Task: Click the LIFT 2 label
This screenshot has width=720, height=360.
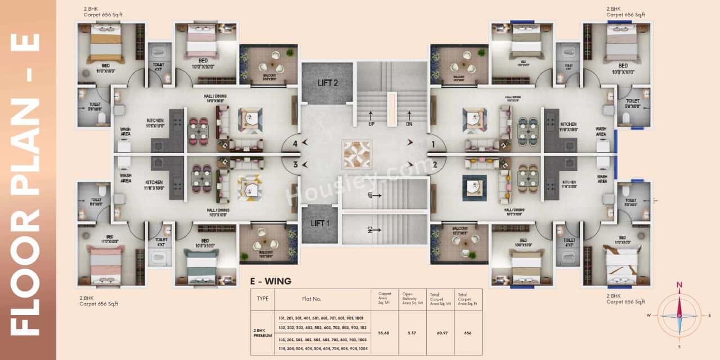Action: click(x=327, y=83)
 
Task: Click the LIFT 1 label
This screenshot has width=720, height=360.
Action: click(x=320, y=223)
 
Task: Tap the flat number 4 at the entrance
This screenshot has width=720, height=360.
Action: click(x=295, y=143)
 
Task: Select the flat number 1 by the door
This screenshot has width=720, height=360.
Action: click(x=433, y=144)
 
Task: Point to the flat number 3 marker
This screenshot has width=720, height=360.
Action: click(x=295, y=164)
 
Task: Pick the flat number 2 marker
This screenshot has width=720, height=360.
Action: click(x=435, y=164)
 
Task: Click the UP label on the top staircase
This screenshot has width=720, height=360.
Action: click(x=371, y=123)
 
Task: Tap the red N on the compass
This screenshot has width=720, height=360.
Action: click(x=679, y=285)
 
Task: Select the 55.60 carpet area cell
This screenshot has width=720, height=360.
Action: click(x=384, y=333)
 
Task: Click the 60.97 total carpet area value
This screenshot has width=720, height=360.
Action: click(x=440, y=333)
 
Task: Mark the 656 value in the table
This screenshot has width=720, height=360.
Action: click(x=467, y=333)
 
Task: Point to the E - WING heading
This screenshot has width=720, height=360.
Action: click(x=271, y=281)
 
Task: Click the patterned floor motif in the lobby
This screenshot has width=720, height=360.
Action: click(x=357, y=155)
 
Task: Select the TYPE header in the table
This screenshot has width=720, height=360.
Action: click(x=262, y=299)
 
